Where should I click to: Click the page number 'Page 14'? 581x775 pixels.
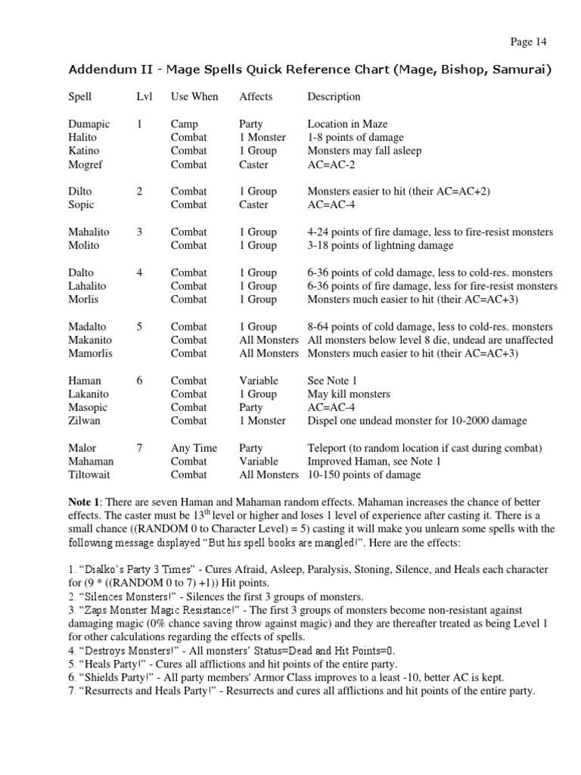(x=528, y=42)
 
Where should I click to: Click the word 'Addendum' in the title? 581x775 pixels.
(x=99, y=70)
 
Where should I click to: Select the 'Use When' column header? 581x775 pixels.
(x=194, y=97)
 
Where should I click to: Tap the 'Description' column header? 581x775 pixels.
(x=334, y=97)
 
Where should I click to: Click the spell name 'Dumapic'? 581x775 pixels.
(x=88, y=124)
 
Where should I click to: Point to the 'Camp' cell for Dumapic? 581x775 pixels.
(x=184, y=124)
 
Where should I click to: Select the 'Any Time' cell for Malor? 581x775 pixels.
(x=194, y=448)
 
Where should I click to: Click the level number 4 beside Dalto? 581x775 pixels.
(x=139, y=272)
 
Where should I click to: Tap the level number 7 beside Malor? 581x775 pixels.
(x=139, y=448)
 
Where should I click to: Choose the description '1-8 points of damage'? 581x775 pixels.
(x=356, y=138)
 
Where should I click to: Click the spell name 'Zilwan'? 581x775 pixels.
(x=84, y=421)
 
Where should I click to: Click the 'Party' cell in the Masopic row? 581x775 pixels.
(x=251, y=407)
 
